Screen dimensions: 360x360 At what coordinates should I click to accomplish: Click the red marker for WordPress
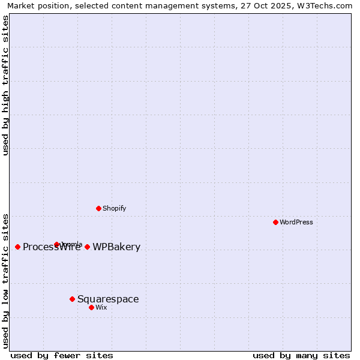click(275, 222)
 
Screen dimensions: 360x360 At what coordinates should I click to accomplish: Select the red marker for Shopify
click(98, 208)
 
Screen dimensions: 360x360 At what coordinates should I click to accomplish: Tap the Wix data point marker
click(91, 307)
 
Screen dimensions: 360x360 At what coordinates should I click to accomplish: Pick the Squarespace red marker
click(72, 299)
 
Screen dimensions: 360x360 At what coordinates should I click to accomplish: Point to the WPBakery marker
click(87, 247)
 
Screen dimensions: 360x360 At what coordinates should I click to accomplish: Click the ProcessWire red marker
click(17, 247)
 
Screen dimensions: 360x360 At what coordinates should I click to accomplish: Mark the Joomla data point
click(56, 244)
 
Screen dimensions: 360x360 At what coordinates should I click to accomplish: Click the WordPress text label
click(296, 222)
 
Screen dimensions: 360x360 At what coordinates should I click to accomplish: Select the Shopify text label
click(114, 208)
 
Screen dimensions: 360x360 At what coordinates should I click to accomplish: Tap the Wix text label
click(101, 307)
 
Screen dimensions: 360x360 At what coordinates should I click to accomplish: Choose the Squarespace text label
click(108, 299)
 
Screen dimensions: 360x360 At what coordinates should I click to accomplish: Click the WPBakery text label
click(116, 247)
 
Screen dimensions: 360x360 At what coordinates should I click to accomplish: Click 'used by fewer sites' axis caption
click(62, 355)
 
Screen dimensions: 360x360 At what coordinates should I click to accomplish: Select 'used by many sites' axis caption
click(301, 355)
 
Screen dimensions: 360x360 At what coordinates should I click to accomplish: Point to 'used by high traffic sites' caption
click(6, 85)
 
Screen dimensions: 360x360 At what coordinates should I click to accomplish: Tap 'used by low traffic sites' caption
click(6, 280)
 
